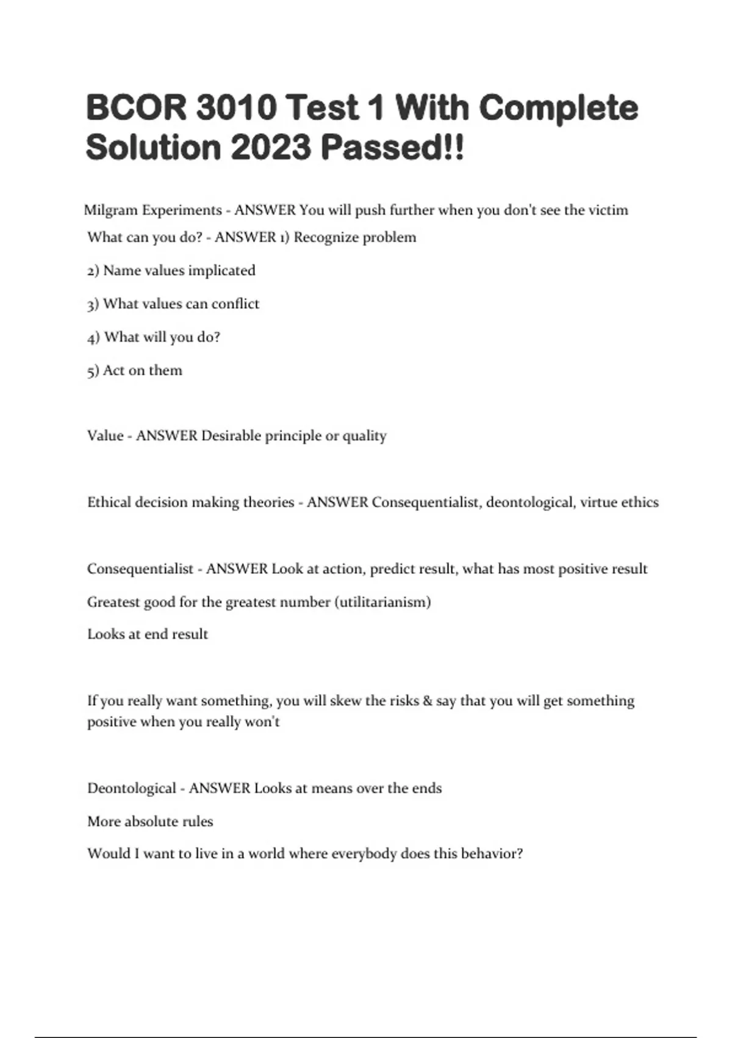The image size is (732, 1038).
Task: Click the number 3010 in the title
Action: point(237,107)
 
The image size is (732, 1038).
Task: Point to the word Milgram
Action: point(110,211)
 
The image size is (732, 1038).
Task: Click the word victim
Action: point(608,210)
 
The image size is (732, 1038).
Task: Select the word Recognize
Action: point(326,237)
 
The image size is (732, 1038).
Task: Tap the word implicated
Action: point(221,270)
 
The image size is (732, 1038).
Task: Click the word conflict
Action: point(235,303)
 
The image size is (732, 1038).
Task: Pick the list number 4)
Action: point(93,337)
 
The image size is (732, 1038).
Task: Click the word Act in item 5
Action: point(114,370)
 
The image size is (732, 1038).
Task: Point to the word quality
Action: point(364,437)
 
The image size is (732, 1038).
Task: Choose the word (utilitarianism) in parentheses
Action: point(382,602)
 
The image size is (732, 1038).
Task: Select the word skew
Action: point(345,701)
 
